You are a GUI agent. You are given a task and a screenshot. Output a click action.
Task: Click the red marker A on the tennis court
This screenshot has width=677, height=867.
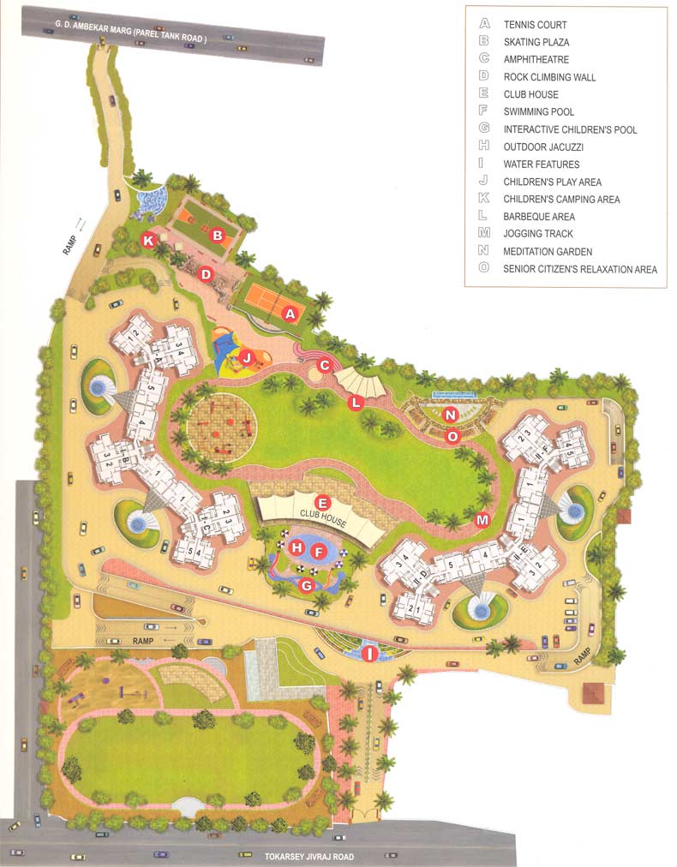point(291,314)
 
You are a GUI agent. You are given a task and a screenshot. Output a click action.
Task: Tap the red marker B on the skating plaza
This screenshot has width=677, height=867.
point(218,235)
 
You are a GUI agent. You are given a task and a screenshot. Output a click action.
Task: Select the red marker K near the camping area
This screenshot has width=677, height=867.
point(148,241)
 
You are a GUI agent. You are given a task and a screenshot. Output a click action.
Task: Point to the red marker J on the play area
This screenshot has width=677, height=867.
point(246,358)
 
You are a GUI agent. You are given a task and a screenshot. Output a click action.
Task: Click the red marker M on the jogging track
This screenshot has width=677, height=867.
point(482,519)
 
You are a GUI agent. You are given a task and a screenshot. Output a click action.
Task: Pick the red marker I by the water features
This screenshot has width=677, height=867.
point(370,655)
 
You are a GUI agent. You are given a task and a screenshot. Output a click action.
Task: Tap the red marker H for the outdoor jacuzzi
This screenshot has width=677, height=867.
point(297,547)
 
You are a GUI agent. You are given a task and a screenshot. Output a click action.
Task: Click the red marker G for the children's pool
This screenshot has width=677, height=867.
point(307,585)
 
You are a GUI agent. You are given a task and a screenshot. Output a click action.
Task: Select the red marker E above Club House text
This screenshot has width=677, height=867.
point(323,503)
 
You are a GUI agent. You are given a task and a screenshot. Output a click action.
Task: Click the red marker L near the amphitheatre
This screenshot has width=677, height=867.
point(354,402)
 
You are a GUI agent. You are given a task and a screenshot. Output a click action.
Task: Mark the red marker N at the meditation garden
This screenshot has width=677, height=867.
point(452,415)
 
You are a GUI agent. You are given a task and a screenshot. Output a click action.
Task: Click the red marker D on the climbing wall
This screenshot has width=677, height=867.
point(206,275)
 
